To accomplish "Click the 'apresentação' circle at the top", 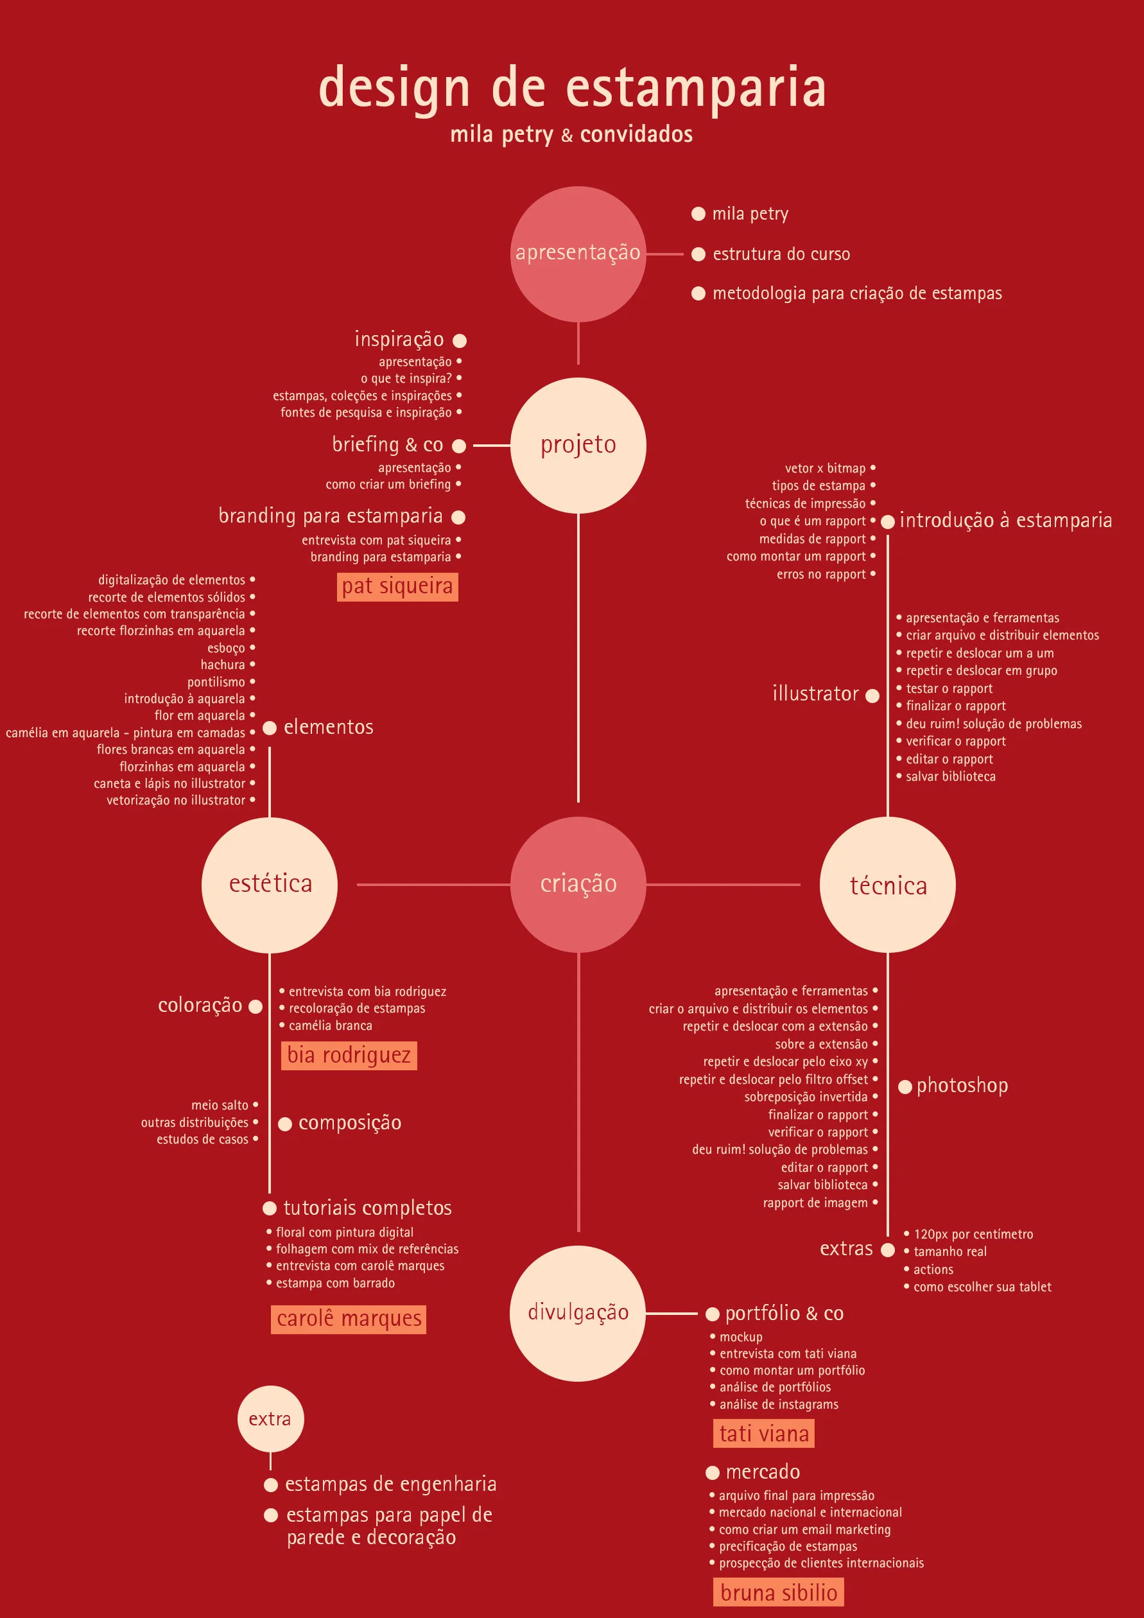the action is coord(578,254).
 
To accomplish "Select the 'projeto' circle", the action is coord(578,446).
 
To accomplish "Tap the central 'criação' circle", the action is coord(578,884).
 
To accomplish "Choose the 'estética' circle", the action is coord(270,884).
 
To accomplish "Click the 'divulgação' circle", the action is coord(578,1313).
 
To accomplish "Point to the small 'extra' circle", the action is coord(270,1419).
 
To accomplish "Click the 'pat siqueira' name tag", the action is coord(397,586).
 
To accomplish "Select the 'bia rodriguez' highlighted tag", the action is coord(349,1055).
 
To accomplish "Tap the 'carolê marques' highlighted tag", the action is coord(349,1319).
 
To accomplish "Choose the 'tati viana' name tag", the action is coord(763,1433).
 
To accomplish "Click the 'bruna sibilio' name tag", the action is coord(779,1592).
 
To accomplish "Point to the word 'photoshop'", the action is coord(962,1086).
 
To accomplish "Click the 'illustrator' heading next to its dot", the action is coord(816,693).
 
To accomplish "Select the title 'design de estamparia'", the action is coord(572,87).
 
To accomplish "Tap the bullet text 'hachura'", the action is coord(223,665).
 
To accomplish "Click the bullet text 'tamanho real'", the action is coord(949,1251).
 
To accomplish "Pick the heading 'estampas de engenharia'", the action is coord(391,1484).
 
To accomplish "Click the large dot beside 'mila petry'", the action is coord(698,214).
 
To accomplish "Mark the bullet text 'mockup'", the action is coord(741,1337).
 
